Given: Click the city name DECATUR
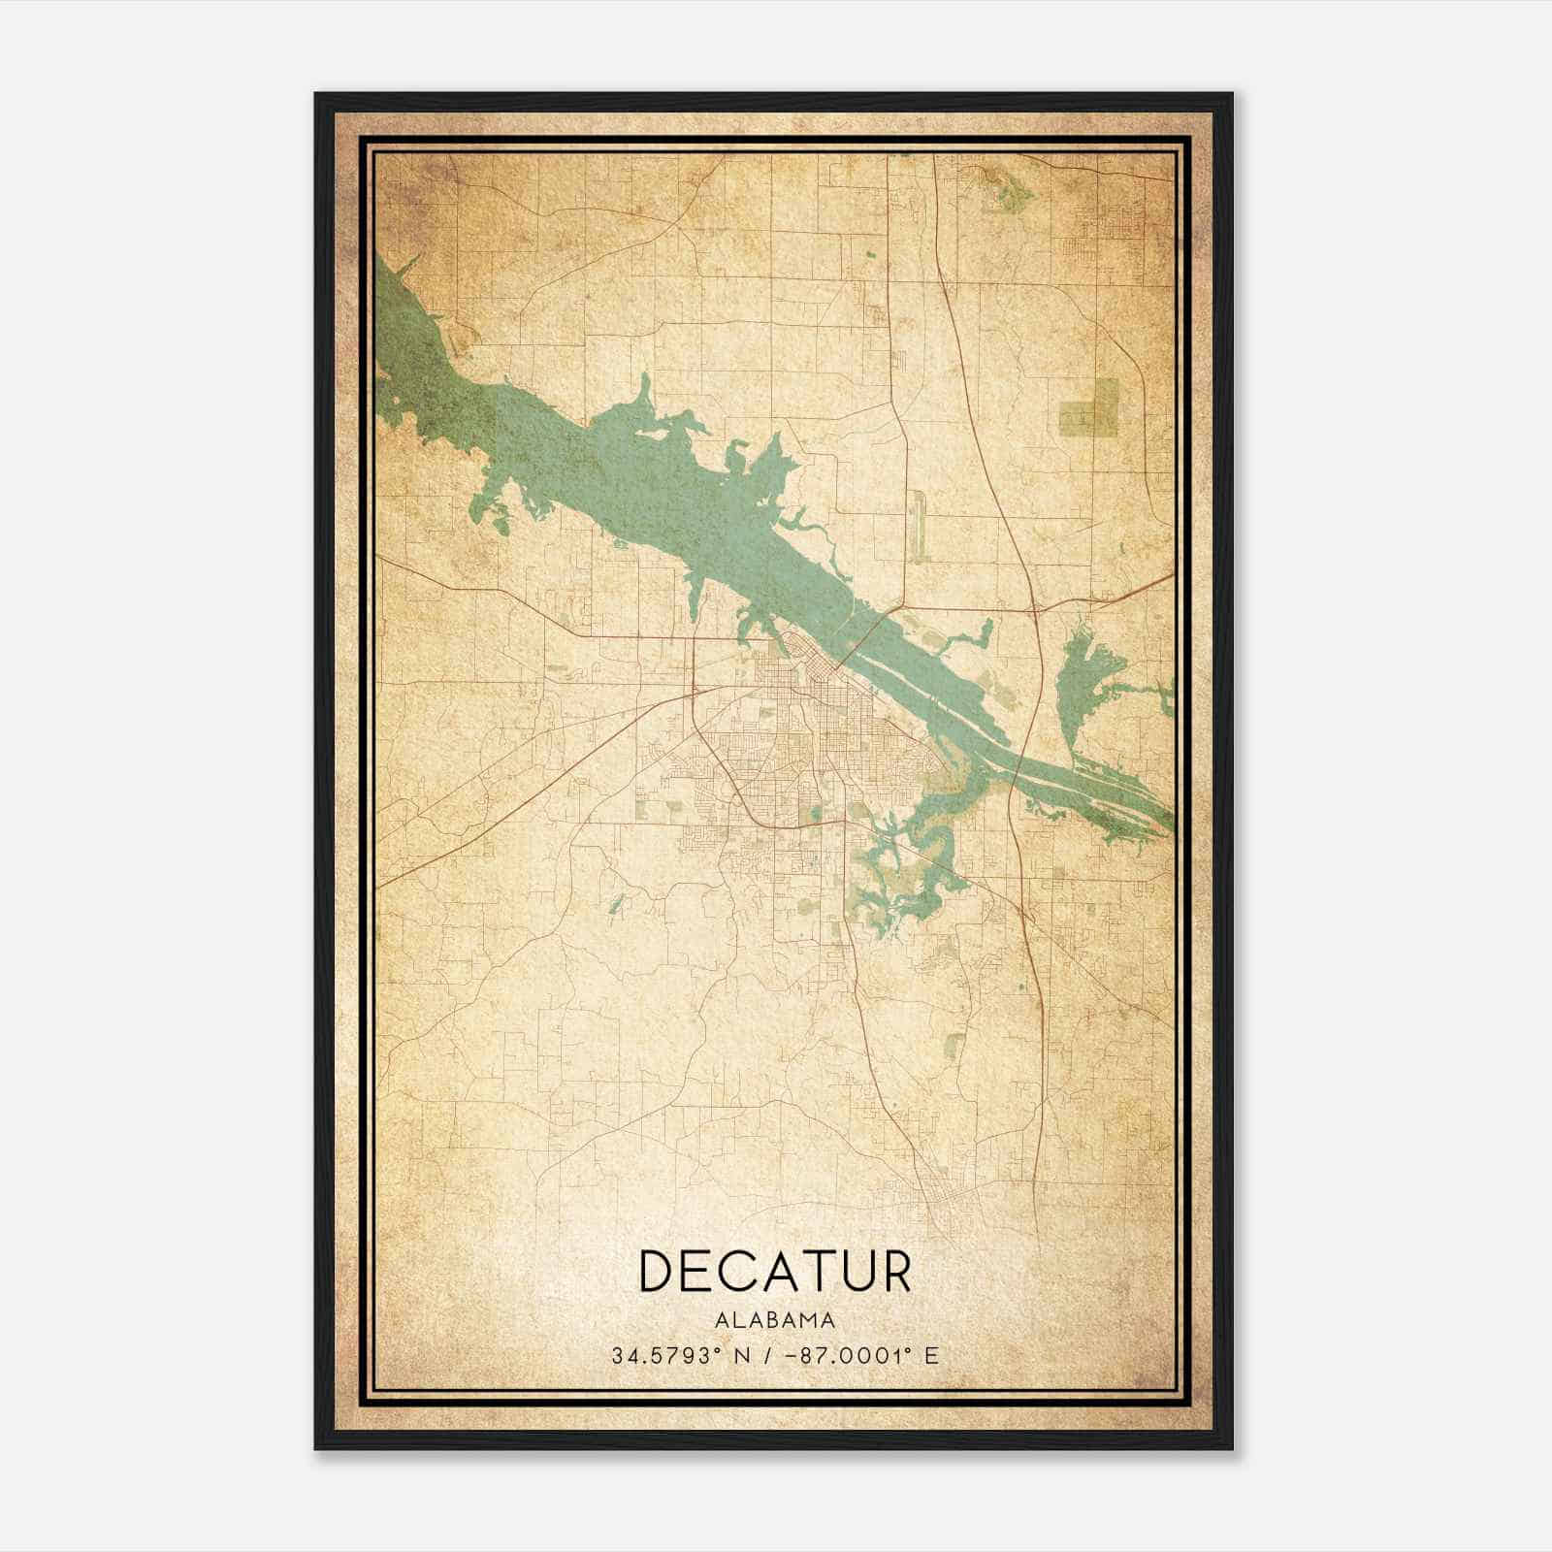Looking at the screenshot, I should click(775, 1271).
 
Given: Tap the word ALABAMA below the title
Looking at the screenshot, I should click(775, 1319).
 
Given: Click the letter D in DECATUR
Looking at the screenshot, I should click(659, 1271).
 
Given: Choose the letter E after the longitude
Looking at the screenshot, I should click(931, 1355).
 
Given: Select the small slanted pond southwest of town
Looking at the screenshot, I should click(615, 904).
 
